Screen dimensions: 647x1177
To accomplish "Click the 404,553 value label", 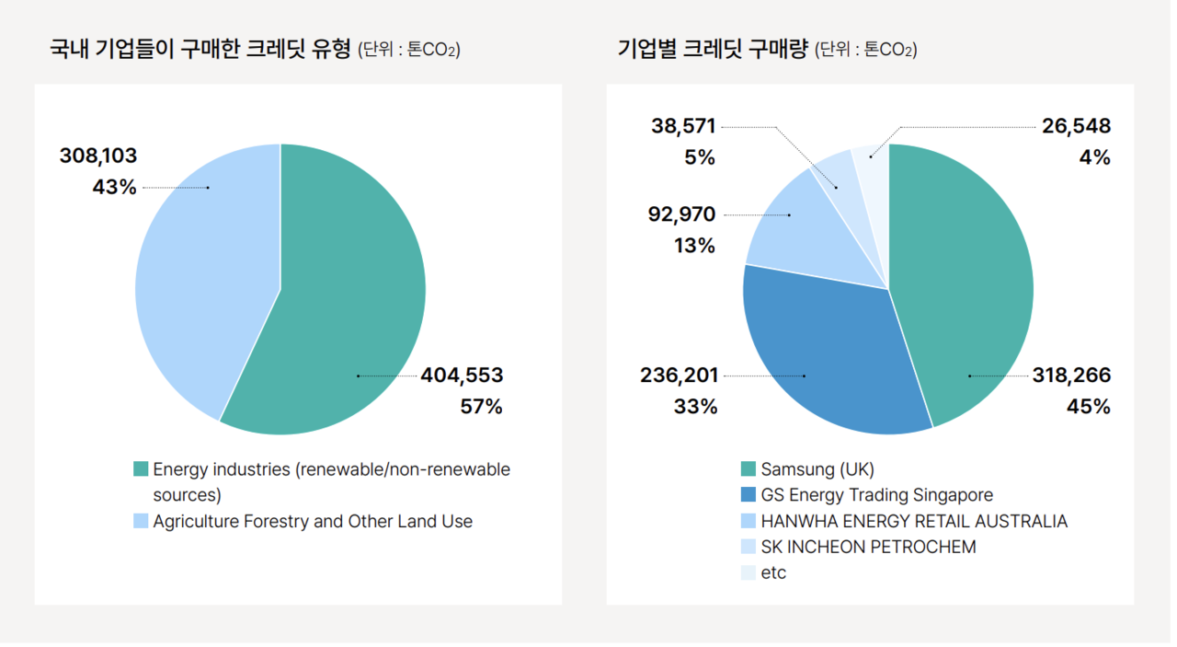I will [x=462, y=375].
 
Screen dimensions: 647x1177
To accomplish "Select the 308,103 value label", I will [x=98, y=156].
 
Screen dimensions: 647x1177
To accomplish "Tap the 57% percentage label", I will [x=481, y=407].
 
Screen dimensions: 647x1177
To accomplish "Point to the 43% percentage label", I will [x=114, y=188].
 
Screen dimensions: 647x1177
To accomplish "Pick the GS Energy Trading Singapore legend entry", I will [x=876, y=495].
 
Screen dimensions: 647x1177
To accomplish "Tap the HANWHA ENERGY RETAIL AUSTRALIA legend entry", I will [x=914, y=521].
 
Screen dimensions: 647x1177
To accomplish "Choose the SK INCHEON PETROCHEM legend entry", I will [x=868, y=547].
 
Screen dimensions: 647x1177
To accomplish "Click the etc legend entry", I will [x=773, y=572].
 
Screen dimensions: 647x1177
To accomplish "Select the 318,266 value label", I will [x=1070, y=375].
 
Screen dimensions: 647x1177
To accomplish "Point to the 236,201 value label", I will [x=680, y=375].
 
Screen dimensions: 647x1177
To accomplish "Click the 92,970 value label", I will [x=681, y=214].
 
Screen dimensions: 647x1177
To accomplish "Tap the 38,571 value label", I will [x=683, y=126].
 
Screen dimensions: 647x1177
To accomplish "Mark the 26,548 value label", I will [x=1076, y=126].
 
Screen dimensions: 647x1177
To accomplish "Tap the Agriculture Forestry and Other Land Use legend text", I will [x=313, y=521].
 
